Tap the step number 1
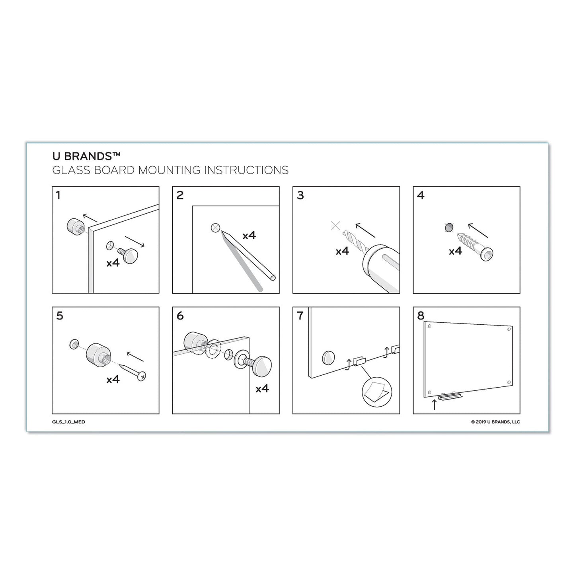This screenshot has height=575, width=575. (x=58, y=195)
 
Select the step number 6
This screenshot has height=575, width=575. (x=180, y=316)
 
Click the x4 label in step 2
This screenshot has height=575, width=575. (x=249, y=236)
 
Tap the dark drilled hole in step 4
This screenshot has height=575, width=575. (x=448, y=228)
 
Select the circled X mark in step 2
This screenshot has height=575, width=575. (x=215, y=228)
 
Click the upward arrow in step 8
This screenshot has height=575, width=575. (x=434, y=405)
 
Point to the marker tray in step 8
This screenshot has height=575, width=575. (x=450, y=396)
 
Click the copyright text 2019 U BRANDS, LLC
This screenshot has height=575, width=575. (x=495, y=422)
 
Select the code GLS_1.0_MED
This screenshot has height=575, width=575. (x=71, y=422)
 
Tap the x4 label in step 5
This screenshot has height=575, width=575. (x=113, y=380)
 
